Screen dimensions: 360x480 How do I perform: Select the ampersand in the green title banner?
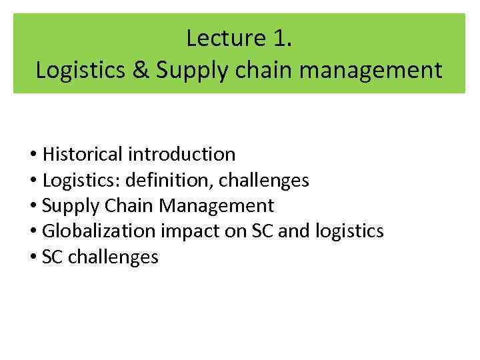(x=140, y=70)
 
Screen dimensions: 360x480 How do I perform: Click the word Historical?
(x=83, y=155)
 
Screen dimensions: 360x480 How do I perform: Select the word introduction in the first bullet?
(x=182, y=155)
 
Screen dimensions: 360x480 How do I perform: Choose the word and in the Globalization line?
(x=291, y=231)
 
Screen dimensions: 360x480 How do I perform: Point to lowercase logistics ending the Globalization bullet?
(x=348, y=231)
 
